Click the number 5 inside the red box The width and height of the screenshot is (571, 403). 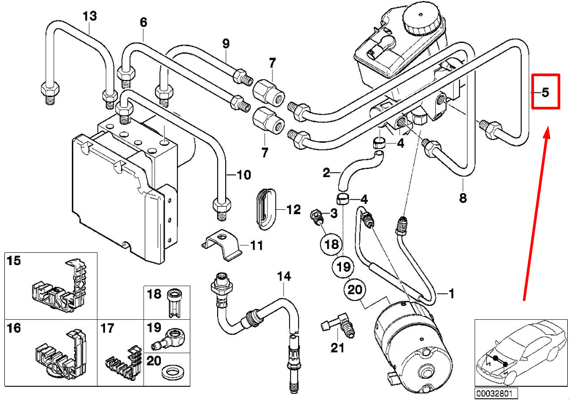pyautogui.click(x=545, y=92)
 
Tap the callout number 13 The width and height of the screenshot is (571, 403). pyautogui.click(x=90, y=16)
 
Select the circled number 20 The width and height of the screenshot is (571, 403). pyautogui.click(x=354, y=290)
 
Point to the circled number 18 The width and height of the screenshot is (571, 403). pyautogui.click(x=331, y=245)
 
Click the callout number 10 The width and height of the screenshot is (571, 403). pyautogui.click(x=243, y=175)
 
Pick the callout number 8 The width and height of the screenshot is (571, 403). pyautogui.click(x=463, y=198)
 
